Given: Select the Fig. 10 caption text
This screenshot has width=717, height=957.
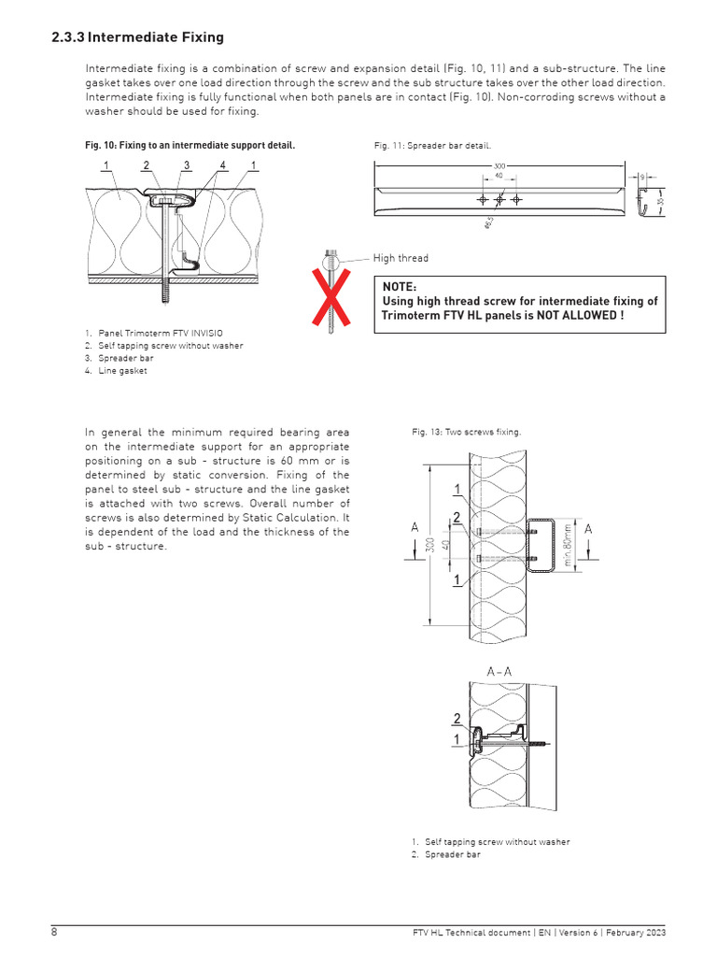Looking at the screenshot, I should coord(190,146).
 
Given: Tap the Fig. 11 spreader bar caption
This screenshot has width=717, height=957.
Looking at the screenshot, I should coord(431,146).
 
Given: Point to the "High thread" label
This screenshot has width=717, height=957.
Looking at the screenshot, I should coord(401,259).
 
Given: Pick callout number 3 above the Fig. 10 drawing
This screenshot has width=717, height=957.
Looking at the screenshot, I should coord(186,165).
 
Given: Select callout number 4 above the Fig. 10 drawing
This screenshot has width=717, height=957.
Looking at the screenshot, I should coord(222,165).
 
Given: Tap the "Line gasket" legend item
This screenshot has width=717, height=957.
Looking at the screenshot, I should coord(121,370).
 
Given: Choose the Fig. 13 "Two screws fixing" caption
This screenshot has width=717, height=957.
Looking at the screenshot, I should coord(466,432).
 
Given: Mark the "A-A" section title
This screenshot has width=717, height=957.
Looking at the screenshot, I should coord(499,671).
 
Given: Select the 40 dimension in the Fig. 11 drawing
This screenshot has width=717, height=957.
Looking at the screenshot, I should coord(499,175).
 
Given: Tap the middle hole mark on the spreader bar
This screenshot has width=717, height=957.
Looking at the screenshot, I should coord(499,200).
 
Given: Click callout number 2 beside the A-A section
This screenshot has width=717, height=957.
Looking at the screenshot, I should coord(457,719).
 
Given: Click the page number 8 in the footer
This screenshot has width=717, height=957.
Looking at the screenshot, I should coord(54,933).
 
